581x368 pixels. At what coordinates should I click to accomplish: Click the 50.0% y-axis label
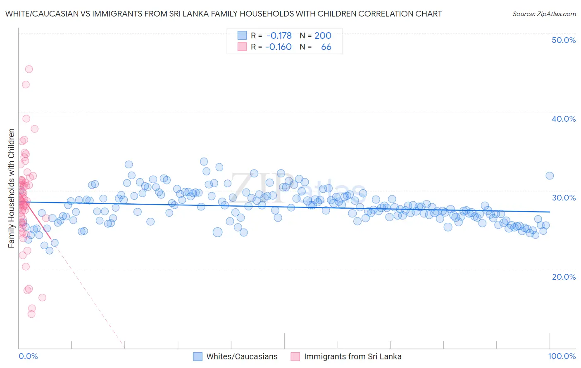click(564, 40)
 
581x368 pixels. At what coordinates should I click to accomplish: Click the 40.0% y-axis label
click(564, 119)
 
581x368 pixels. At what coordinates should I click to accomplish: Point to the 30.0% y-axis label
click(564, 198)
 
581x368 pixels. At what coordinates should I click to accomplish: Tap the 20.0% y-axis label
click(564, 276)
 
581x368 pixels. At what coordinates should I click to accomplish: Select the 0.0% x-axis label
click(28, 356)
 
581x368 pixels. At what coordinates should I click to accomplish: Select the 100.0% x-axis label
click(562, 356)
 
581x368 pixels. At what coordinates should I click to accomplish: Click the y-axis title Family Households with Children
click(11, 188)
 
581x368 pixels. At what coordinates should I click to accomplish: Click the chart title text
click(223, 14)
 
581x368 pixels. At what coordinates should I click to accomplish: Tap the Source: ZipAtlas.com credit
click(544, 14)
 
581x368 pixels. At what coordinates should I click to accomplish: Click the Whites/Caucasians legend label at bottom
click(242, 356)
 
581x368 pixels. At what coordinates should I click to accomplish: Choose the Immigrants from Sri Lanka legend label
click(352, 356)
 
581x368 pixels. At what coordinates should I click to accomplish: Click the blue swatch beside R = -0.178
click(242, 35)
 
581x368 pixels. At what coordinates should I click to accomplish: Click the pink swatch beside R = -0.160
click(242, 47)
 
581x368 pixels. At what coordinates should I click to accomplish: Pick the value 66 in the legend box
click(326, 47)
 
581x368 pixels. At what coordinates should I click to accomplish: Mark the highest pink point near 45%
click(29, 69)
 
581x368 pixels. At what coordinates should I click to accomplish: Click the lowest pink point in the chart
click(31, 314)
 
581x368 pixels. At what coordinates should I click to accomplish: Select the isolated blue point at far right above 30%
click(550, 176)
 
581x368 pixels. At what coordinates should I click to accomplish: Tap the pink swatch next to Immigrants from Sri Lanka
click(295, 356)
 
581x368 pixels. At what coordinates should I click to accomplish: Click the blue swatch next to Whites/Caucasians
click(198, 356)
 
